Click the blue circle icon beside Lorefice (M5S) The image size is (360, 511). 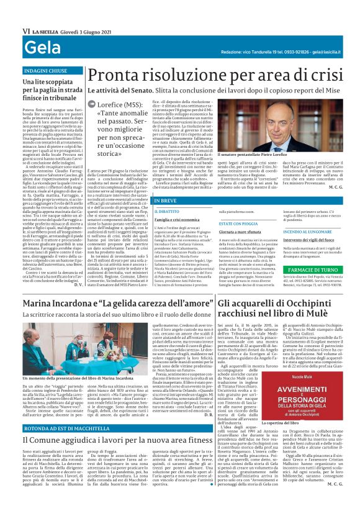(x=92, y=105)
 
